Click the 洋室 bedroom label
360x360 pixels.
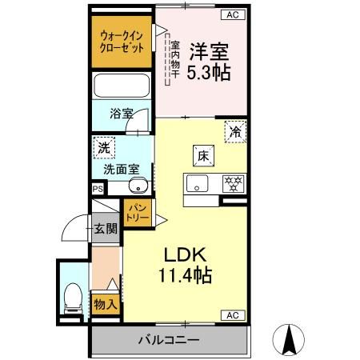[x=210, y=53]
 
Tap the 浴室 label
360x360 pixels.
[x=122, y=114]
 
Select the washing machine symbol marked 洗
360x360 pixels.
[x=103, y=146]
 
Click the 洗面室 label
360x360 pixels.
[x=121, y=170]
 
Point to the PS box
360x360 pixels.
[x=98, y=189]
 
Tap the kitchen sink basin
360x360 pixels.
[x=196, y=183]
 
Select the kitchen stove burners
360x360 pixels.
[x=232, y=183]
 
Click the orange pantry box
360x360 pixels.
[x=134, y=214]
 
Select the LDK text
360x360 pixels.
[x=187, y=256]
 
